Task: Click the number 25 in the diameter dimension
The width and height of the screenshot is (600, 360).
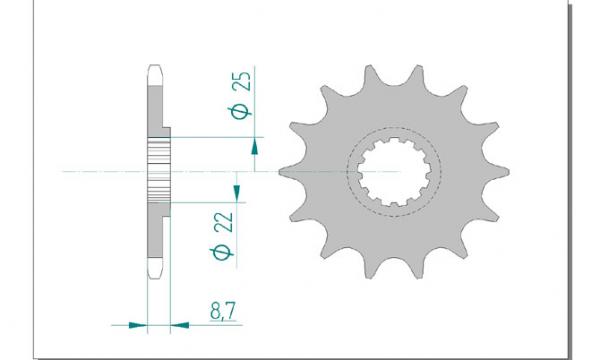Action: click(x=243, y=81)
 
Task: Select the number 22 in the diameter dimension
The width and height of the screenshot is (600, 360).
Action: click(x=224, y=222)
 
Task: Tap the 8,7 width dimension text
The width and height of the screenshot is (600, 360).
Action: click(x=223, y=311)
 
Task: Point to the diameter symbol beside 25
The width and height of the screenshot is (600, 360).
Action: click(x=240, y=111)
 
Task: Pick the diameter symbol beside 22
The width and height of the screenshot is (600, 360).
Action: click(x=222, y=252)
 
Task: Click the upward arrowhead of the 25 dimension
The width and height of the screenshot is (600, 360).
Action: click(x=254, y=147)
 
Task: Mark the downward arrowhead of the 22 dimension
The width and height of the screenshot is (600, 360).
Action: click(x=237, y=193)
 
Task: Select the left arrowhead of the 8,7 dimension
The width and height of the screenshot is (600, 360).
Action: click(x=138, y=325)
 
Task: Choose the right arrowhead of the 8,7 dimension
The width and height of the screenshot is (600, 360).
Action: click(x=179, y=325)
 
